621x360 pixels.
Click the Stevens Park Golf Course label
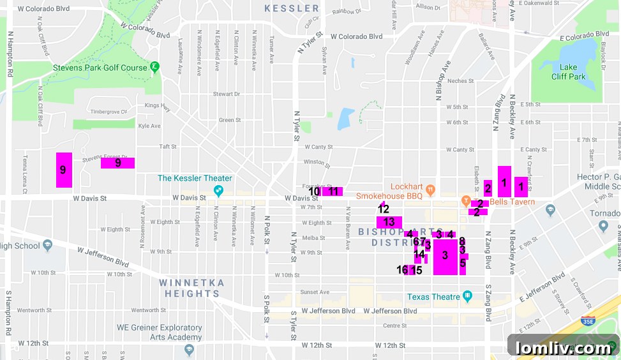pyautogui.click(x=100, y=68)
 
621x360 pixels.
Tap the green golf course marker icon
pyautogui.click(x=154, y=67)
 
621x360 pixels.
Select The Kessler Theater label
pyautogui.click(x=195, y=178)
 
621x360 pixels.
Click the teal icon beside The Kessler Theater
pyautogui.click(x=218, y=190)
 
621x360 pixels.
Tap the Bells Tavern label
pyautogui.click(x=513, y=202)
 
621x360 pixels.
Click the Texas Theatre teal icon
pyautogui.click(x=467, y=296)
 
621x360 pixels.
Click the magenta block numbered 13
pyautogui.click(x=389, y=222)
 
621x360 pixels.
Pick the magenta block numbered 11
pyautogui.click(x=333, y=191)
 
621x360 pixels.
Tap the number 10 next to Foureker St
pyautogui.click(x=314, y=191)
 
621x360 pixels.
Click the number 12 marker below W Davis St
pyautogui.click(x=383, y=208)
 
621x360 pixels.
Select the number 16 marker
pyautogui.click(x=402, y=270)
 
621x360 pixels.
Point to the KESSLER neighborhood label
pyautogui.click(x=291, y=8)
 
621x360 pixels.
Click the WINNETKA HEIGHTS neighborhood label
pyautogui.click(x=191, y=288)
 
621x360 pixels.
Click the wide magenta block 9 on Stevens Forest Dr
pyautogui.click(x=117, y=163)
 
